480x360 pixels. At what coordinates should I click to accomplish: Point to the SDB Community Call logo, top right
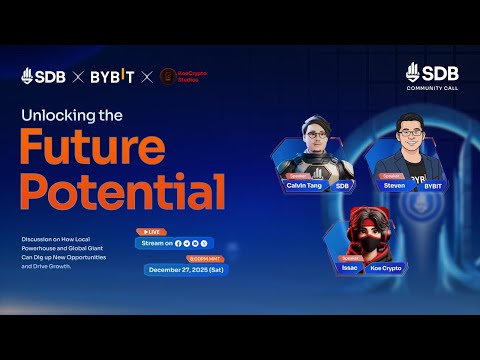coord(431,76)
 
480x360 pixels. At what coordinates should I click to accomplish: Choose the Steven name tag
coord(394,185)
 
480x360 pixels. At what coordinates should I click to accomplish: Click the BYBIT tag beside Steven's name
coord(432,185)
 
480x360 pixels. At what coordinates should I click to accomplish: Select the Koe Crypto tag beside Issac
coord(387,269)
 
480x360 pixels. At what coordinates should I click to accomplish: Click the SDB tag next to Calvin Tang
coord(342,185)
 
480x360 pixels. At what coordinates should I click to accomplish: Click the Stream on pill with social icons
coord(176,243)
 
